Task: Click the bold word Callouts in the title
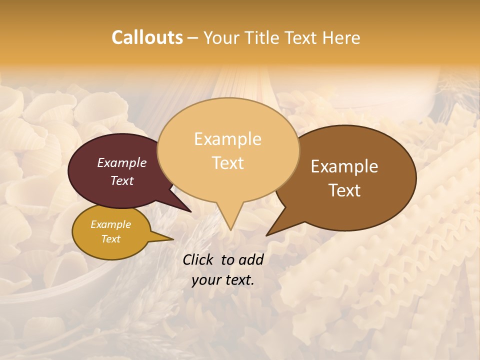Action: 147,37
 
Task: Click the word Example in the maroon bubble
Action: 121,162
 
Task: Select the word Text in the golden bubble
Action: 110,239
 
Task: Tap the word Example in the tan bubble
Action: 227,138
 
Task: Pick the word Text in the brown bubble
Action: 345,190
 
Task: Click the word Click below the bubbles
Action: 198,259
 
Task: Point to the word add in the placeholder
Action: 251,259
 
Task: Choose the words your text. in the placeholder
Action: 223,280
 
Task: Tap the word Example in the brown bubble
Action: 344,166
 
